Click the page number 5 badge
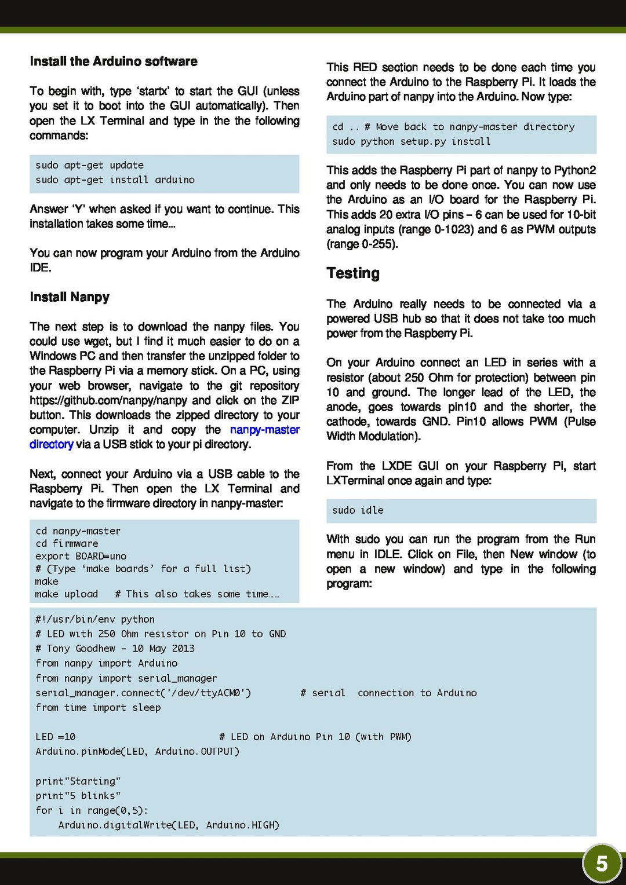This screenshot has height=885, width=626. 602,864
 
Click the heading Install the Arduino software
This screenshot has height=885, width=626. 114,61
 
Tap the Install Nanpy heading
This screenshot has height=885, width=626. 70,297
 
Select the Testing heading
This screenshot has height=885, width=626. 353,273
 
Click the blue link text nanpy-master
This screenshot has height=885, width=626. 264,430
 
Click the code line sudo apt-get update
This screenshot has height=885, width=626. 89,165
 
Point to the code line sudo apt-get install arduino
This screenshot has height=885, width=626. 115,180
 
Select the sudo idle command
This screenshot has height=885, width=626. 358,510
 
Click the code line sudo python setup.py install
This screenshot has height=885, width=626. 411,141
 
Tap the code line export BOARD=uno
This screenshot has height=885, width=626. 81,556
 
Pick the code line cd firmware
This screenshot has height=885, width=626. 67,543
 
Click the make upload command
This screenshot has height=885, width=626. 66,594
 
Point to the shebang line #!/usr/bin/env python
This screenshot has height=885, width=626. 94,619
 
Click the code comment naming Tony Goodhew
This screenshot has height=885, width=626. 115,649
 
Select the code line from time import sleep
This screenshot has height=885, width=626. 98,707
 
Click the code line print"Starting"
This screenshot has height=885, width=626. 78,781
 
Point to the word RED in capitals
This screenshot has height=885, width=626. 365,67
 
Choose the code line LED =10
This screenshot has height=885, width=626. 56,737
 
